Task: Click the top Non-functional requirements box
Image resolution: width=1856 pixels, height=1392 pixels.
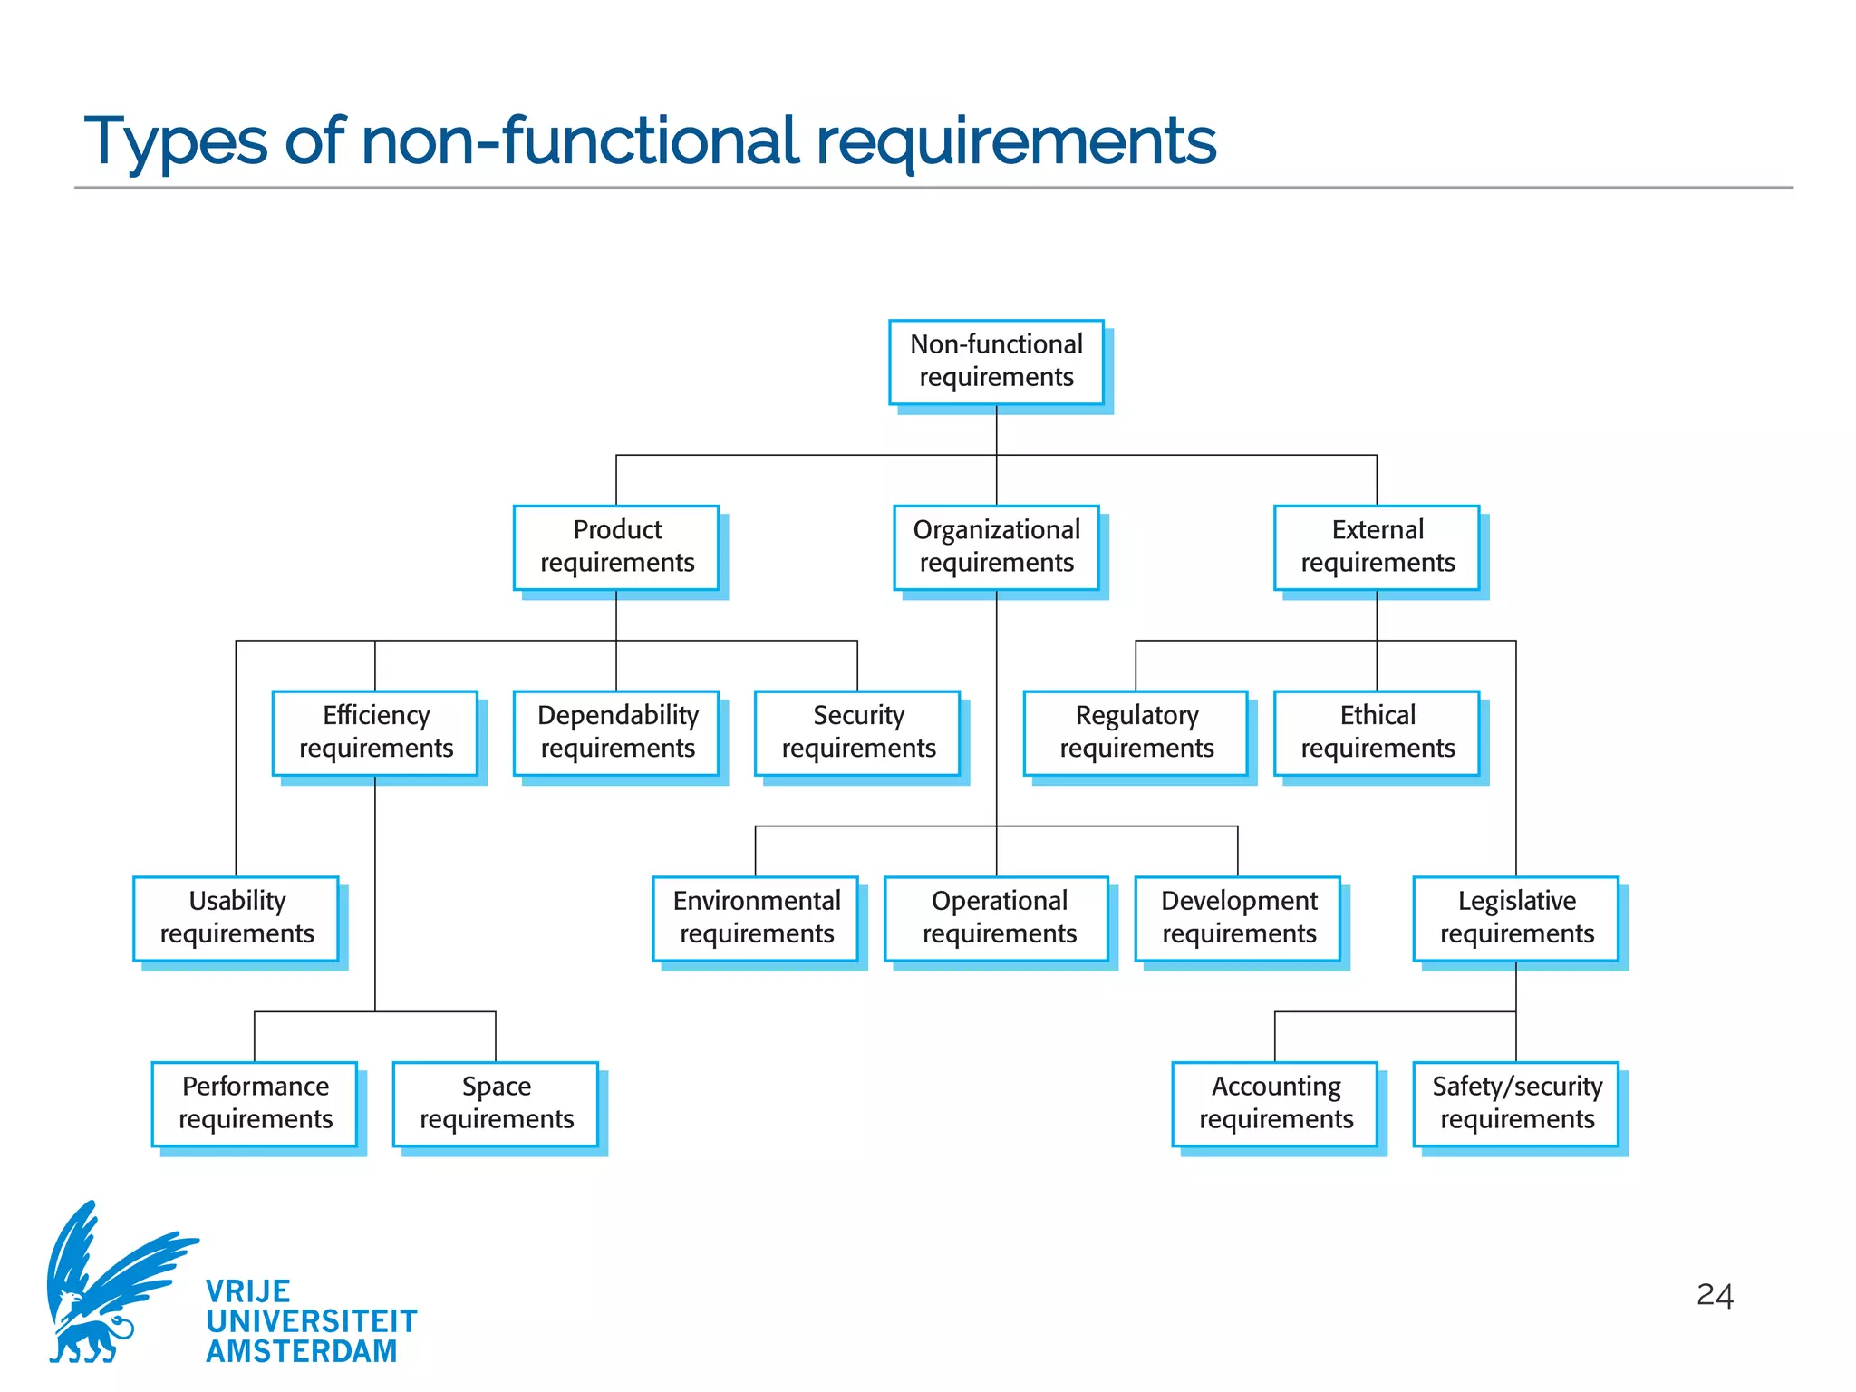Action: (996, 362)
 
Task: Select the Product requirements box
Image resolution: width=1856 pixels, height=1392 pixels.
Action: (616, 547)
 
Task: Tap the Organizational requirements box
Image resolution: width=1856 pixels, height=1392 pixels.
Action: (996, 547)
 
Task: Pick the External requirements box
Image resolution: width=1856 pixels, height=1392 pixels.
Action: (1377, 547)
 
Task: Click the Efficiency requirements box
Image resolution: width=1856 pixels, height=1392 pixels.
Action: (375, 732)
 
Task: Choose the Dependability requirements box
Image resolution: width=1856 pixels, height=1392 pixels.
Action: (616, 732)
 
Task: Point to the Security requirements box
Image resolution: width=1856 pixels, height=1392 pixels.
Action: (857, 732)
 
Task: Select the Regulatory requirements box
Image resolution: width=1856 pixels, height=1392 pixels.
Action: (1136, 732)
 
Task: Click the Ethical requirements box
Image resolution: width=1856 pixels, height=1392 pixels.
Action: (1377, 732)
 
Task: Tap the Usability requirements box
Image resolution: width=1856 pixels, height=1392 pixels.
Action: (237, 918)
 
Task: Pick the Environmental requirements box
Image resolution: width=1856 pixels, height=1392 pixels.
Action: (756, 918)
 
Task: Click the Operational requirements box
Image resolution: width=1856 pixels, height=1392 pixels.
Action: (997, 918)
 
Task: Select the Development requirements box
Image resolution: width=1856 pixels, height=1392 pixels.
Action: (1238, 918)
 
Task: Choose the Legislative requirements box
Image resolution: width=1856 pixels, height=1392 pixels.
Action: (1516, 918)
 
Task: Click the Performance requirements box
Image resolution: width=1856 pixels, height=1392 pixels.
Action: (255, 1103)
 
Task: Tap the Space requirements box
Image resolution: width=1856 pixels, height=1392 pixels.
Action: (496, 1103)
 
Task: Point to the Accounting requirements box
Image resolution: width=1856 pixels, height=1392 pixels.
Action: (1275, 1103)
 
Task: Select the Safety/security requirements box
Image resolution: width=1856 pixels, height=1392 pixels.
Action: (1516, 1103)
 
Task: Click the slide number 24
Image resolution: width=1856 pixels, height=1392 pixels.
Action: (1715, 1295)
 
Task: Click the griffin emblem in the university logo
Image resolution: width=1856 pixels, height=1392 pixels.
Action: (109, 1287)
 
